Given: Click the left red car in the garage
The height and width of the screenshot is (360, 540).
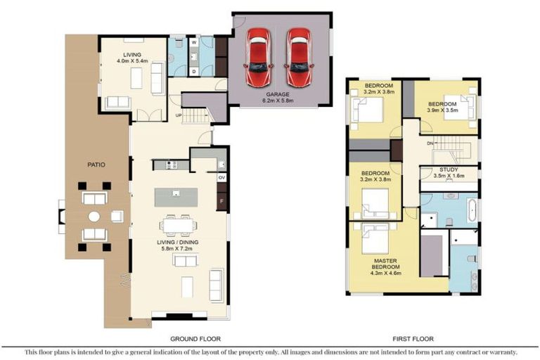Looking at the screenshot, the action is pos(258,57).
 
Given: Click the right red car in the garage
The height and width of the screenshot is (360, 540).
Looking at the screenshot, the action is pos(300,57).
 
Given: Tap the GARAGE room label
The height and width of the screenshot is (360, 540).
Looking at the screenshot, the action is pos(278,94).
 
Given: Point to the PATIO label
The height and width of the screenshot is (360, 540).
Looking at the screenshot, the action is pos(96,165).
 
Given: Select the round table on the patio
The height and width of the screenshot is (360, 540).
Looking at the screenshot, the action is pos(94,217).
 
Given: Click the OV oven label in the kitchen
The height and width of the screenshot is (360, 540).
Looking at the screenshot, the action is pos(221,178).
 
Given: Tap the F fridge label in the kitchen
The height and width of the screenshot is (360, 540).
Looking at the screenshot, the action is pos(221,201).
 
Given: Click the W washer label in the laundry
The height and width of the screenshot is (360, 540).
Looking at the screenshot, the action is pos(194,42).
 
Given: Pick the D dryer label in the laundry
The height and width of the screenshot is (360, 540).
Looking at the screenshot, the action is pos(194,72).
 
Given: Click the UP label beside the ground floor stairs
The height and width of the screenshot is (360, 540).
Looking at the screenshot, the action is pos(179,115).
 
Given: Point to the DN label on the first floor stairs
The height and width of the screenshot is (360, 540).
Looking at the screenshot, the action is pos(430,143).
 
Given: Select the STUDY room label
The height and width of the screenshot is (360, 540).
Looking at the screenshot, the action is pos(449,169).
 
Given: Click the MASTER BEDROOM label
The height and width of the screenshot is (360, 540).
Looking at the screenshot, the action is pos(386,264).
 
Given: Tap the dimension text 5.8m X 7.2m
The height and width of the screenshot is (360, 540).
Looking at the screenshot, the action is pos(178,248).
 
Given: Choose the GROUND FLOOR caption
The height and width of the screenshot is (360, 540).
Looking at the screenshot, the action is pos(195,339).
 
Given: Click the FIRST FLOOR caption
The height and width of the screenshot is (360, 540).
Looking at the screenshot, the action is pos(413,339).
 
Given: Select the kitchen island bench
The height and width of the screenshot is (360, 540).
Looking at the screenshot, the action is pos(176,198).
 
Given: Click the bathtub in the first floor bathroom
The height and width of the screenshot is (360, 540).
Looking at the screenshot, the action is pos(472,210).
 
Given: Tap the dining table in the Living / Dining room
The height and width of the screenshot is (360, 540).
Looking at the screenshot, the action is pos(179,226).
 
